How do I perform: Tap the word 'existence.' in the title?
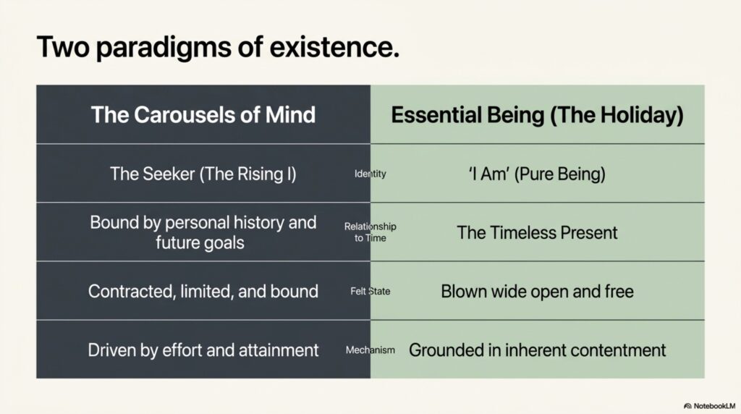334,47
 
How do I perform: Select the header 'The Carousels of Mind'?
203,115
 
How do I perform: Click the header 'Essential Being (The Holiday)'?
538,115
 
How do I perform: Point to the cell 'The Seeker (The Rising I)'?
203,174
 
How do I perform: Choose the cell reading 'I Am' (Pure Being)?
538,174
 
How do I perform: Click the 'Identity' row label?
370,174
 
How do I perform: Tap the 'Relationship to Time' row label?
370,232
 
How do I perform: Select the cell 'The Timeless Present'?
538,232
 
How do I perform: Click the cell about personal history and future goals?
203,232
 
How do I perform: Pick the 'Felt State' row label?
370,291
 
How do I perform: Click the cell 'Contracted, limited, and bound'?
203,291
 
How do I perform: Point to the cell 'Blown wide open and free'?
538,291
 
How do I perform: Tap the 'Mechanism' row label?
370,350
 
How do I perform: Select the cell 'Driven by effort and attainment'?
203,350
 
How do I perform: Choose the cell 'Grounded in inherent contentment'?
538,350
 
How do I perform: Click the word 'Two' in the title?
63,47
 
